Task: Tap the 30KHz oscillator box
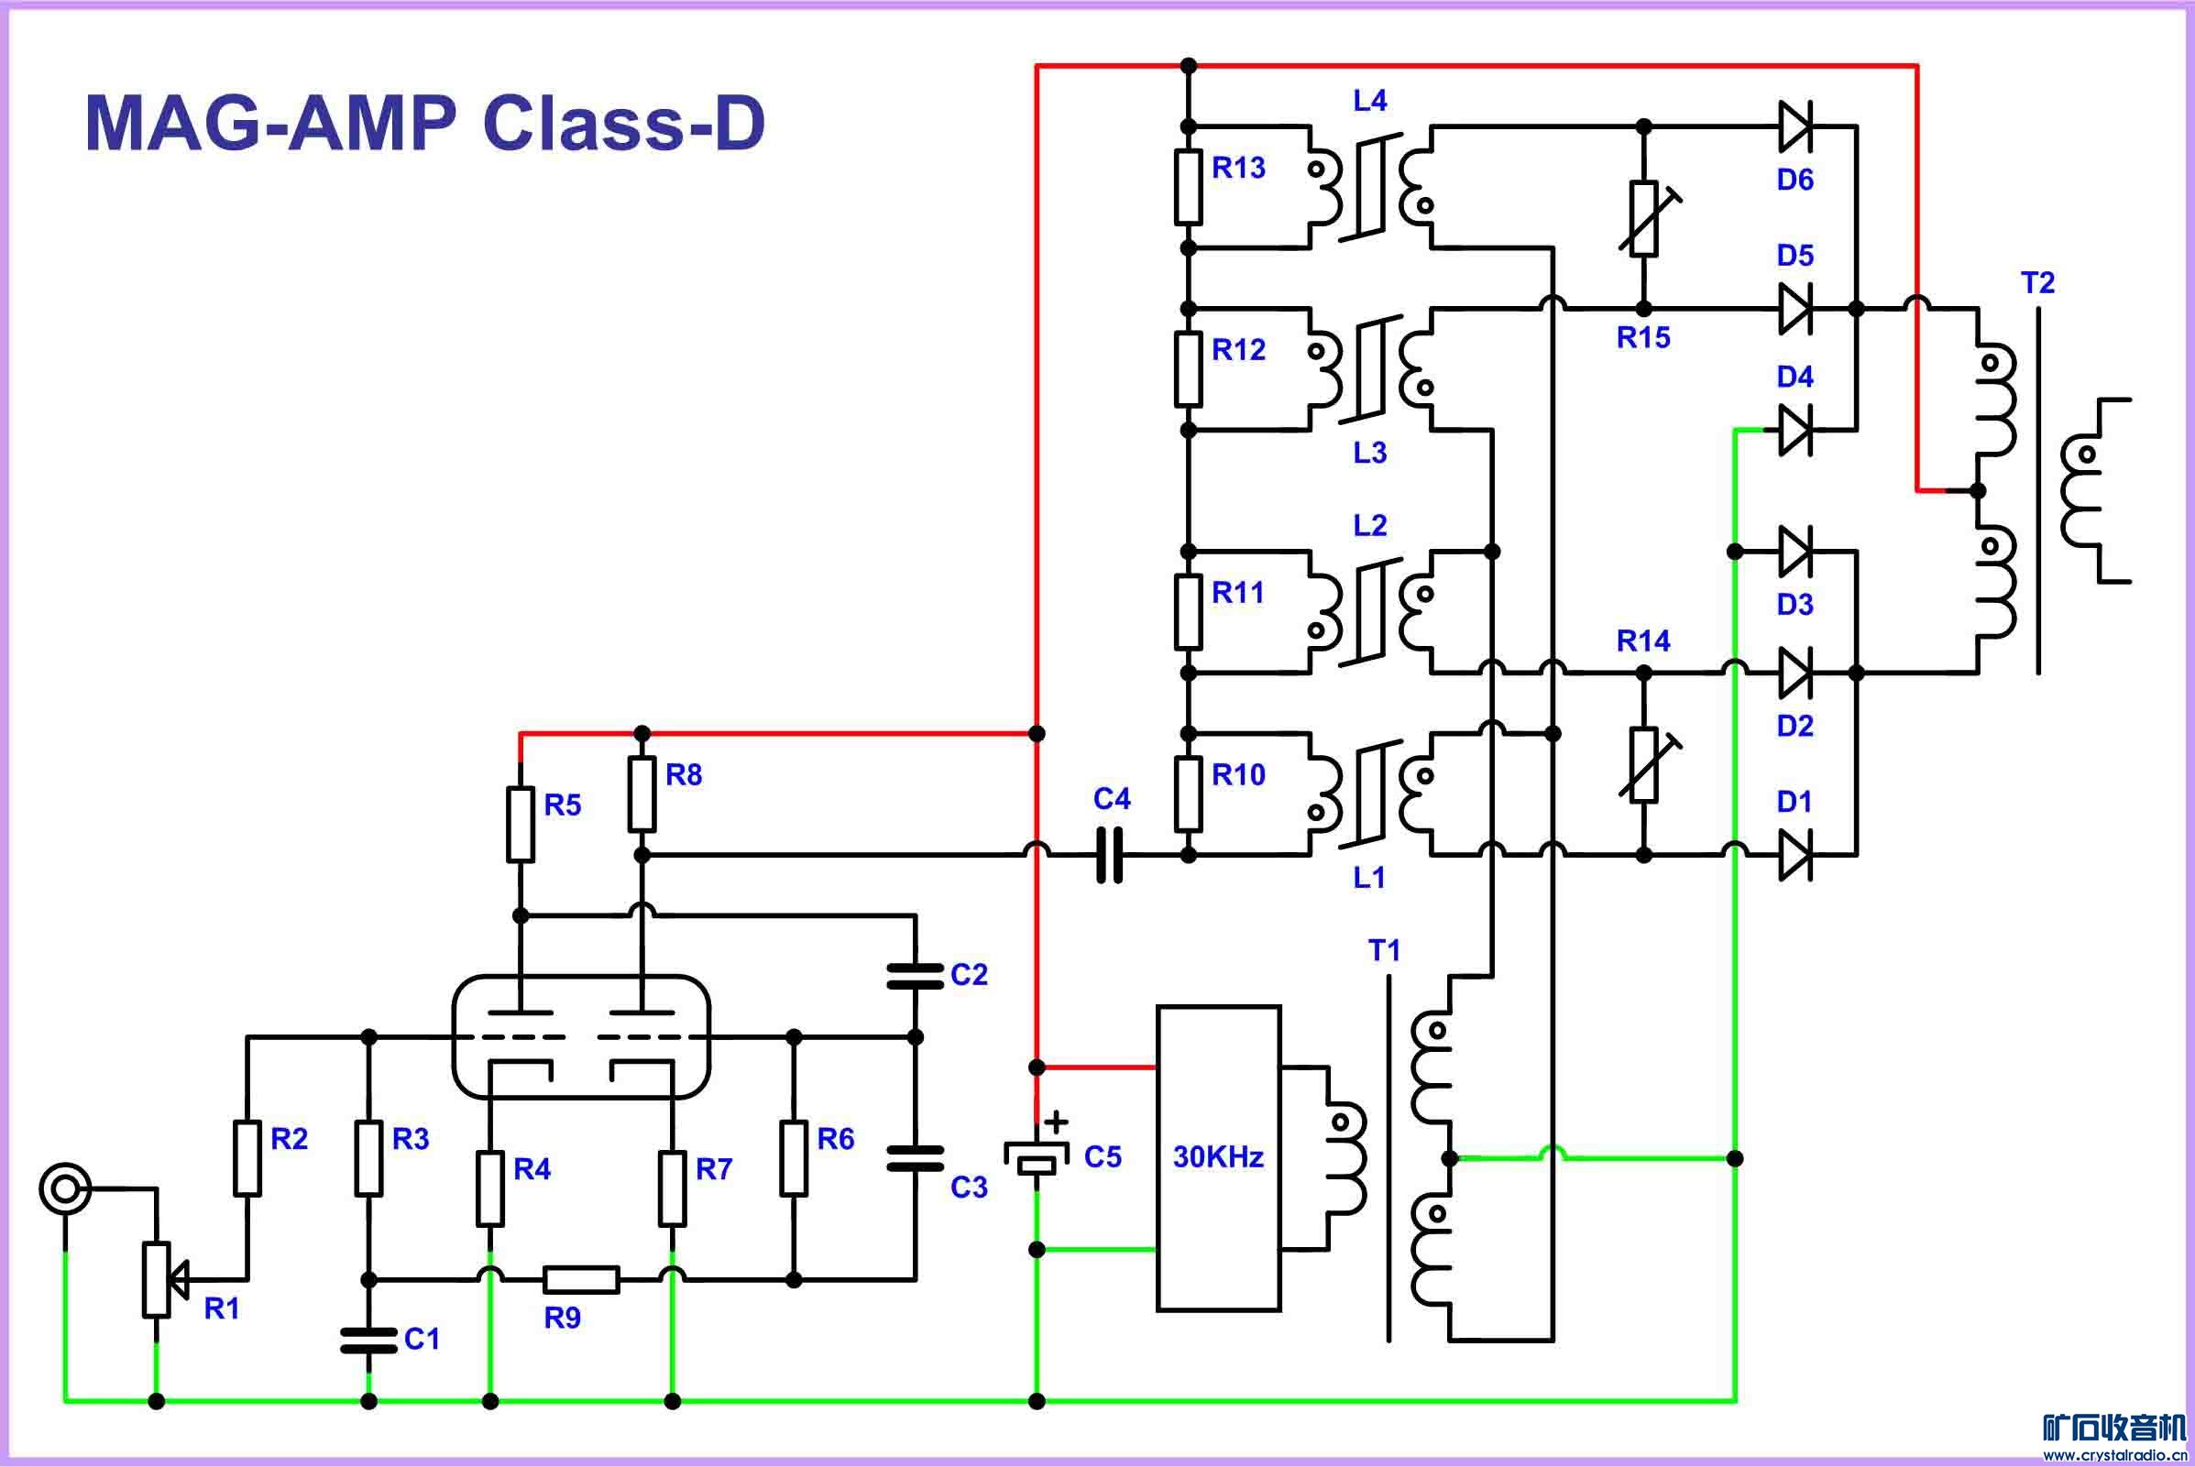click(x=1218, y=1158)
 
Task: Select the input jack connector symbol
click(x=64, y=1189)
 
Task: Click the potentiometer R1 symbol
click(x=156, y=1279)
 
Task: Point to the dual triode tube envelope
click(x=581, y=1035)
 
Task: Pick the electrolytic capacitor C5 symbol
click(x=1037, y=1156)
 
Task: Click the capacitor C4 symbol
click(x=1109, y=855)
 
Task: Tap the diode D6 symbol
click(x=1794, y=126)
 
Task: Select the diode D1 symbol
click(x=1794, y=855)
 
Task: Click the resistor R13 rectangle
click(x=1189, y=187)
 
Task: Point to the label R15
click(x=1643, y=338)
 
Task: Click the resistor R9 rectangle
click(x=581, y=1279)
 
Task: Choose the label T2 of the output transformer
click(x=2037, y=282)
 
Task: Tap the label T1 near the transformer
click(x=1384, y=950)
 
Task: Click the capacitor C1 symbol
click(x=368, y=1341)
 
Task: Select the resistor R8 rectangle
click(x=641, y=794)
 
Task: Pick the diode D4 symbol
click(x=1794, y=430)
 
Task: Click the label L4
click(x=1370, y=101)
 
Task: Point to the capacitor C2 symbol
click(x=915, y=976)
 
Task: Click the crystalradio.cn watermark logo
click(x=2114, y=1436)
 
